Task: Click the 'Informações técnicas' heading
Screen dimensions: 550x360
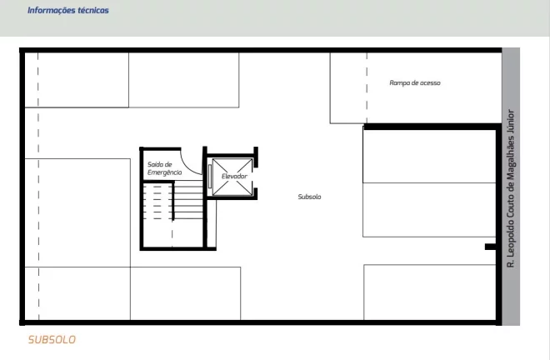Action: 68,10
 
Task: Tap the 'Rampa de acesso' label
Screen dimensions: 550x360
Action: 415,82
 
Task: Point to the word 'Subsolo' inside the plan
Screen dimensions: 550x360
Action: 309,197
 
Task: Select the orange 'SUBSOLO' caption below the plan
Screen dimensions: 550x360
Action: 52,340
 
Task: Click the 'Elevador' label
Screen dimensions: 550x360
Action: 234,176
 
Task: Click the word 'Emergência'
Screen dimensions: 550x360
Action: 164,172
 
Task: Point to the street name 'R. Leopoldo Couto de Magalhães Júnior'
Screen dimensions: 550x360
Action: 511,189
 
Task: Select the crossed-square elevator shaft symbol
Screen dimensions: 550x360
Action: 232,177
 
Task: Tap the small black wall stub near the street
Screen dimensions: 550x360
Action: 490,247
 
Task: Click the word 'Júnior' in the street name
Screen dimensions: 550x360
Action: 511,121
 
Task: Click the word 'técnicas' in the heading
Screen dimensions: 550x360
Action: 93,10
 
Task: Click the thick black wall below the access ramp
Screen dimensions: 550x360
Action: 432,127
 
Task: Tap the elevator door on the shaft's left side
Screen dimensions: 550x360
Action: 210,176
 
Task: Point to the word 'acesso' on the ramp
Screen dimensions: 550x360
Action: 430,82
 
